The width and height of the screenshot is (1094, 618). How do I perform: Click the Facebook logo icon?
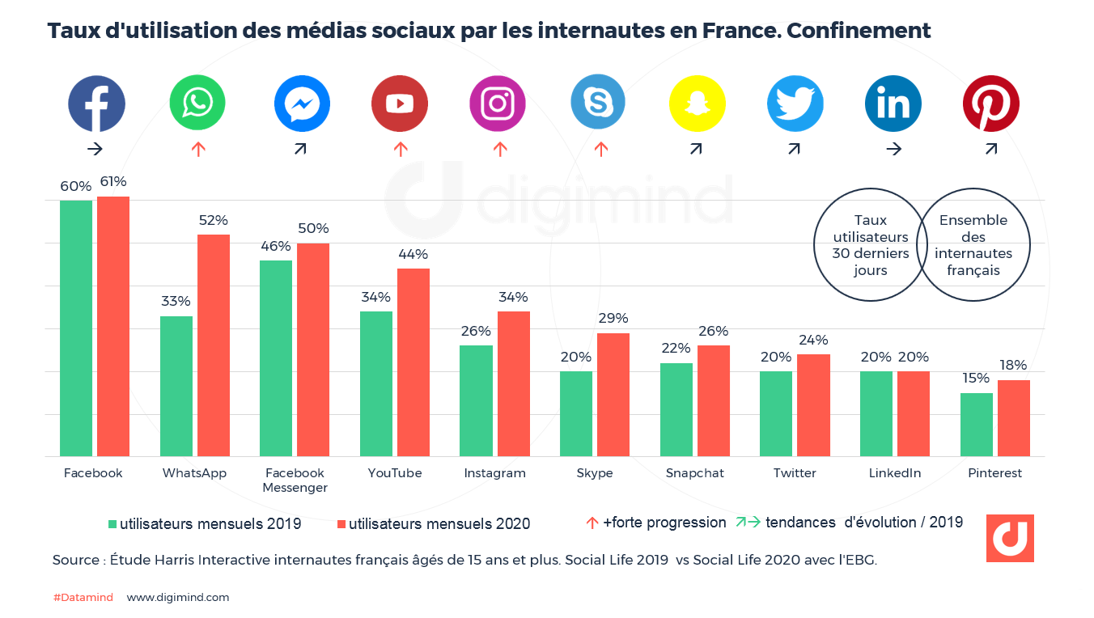[x=96, y=104]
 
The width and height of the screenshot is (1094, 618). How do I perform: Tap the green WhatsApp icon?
[x=197, y=104]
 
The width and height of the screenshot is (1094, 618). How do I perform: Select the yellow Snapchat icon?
[x=697, y=104]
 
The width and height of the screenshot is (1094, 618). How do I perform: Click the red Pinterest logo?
[x=990, y=104]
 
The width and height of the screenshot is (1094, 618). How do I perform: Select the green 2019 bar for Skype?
[x=575, y=413]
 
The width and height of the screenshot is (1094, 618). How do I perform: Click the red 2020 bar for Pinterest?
[x=1013, y=418]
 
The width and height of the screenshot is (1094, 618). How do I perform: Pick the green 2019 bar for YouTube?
[x=376, y=383]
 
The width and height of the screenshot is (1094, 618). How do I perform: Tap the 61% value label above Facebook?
[x=113, y=181]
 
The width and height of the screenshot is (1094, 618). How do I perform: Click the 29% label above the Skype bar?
[x=613, y=318]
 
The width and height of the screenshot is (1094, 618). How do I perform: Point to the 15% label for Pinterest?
[x=975, y=378]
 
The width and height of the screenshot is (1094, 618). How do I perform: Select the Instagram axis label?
[x=494, y=473]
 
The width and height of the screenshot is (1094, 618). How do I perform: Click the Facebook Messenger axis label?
[x=295, y=480]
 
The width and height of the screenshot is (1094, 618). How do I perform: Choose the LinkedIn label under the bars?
[x=895, y=473]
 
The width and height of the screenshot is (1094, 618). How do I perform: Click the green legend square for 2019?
[x=112, y=524]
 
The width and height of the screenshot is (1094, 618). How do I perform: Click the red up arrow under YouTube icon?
[x=400, y=149]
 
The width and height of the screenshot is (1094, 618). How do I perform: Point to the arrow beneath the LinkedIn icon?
[x=893, y=149]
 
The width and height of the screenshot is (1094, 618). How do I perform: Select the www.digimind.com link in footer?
[x=178, y=598]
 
